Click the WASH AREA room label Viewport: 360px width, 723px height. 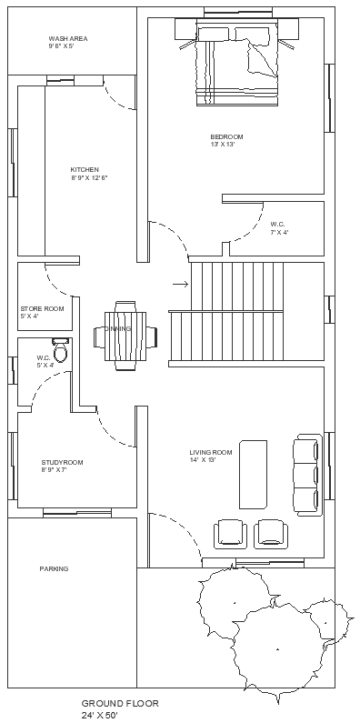click(67, 39)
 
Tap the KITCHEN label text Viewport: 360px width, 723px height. click(85, 169)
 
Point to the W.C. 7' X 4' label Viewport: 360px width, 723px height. click(278, 227)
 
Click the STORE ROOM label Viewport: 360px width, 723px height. click(42, 309)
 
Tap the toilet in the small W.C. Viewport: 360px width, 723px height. click(61, 350)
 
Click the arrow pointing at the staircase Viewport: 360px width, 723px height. click(179, 285)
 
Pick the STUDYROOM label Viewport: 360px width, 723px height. click(62, 462)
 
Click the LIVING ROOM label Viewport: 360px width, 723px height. click(211, 452)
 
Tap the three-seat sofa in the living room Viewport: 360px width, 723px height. click(306, 475)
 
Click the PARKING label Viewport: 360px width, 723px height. click(54, 568)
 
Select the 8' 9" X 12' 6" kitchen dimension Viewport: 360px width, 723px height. click(89, 177)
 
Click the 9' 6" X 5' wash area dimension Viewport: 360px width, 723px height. click(67, 46)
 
